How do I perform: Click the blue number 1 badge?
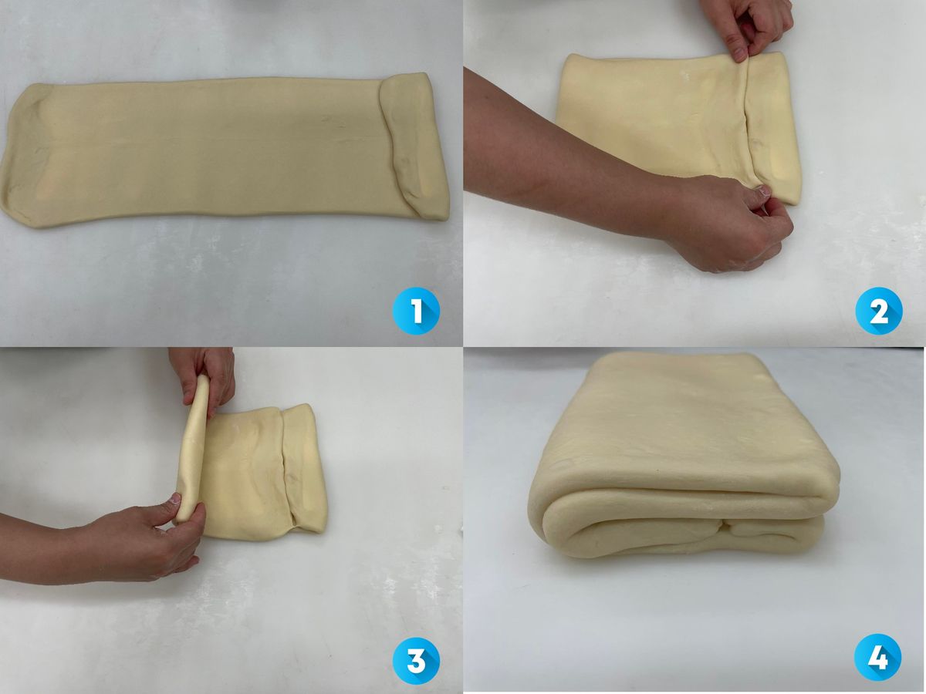(416, 311)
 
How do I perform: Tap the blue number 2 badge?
(879, 311)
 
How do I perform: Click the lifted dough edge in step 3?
(192, 451)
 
